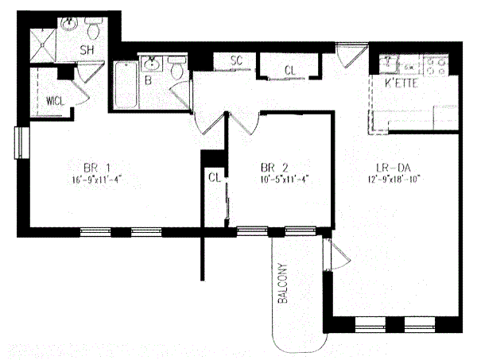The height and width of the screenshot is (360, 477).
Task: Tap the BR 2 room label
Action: [x=273, y=167]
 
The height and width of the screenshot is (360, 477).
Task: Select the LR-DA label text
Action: [x=392, y=167]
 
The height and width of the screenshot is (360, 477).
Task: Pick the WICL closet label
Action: [x=55, y=101]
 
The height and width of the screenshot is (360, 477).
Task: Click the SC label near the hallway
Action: [x=236, y=60]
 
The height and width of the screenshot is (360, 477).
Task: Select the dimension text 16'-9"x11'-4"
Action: [x=96, y=179]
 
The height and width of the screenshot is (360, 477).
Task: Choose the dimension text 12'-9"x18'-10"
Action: [x=392, y=179]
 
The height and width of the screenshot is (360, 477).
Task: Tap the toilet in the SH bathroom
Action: [x=95, y=31]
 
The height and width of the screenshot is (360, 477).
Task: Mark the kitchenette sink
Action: [x=389, y=62]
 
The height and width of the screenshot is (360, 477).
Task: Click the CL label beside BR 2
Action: [x=213, y=178]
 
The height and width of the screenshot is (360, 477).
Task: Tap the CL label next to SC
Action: [x=290, y=70]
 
